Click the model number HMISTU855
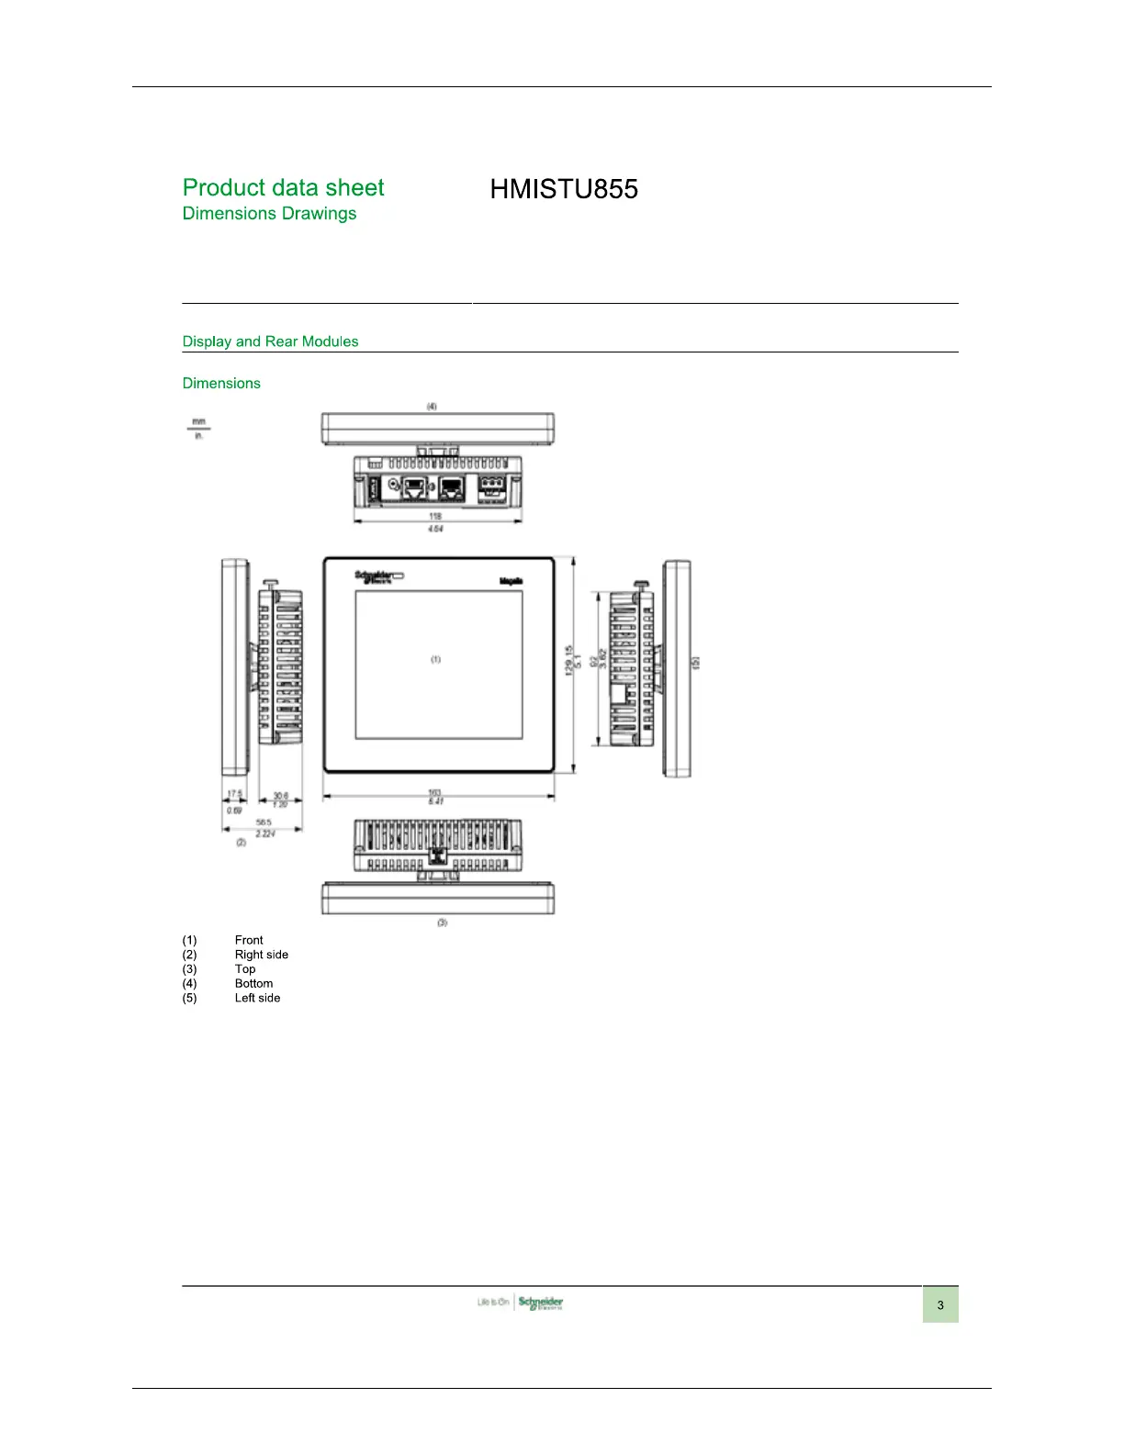coord(564,189)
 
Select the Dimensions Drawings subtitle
coord(269,214)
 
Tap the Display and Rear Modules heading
coord(270,341)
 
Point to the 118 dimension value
coord(435,516)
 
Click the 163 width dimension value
coord(434,793)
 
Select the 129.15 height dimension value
coord(569,661)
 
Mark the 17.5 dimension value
coord(235,794)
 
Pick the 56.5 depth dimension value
coord(264,822)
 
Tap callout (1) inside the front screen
coord(436,659)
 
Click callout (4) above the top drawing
coord(432,406)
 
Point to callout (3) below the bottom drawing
coord(442,922)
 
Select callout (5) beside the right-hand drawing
coord(696,661)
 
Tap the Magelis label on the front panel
coord(511,581)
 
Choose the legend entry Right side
coord(262,955)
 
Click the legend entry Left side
coord(257,998)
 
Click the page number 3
coord(939,1304)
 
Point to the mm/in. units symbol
coord(198,429)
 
